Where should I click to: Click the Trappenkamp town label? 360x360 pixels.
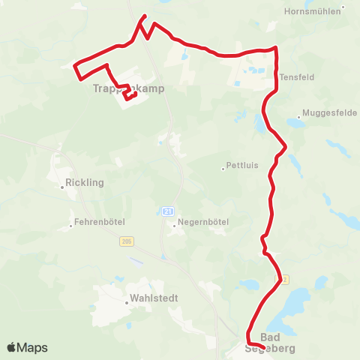point(127,88)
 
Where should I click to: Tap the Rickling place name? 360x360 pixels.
point(85,182)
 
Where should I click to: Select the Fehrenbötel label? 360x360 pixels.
point(99,223)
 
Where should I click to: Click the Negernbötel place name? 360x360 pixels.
point(202,223)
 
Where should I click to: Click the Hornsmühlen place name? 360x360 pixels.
point(313,11)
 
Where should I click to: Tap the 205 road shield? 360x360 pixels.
point(125,241)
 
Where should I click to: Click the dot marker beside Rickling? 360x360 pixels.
point(62,187)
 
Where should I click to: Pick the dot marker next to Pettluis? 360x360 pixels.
point(223,169)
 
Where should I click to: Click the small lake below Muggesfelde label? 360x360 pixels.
point(295,124)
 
